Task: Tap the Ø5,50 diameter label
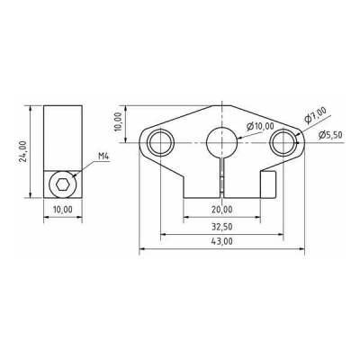coord(330,135)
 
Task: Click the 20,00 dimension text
coord(220,209)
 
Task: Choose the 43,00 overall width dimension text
coord(220,242)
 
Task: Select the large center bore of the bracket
coord(221,140)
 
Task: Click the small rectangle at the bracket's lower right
coord(266,185)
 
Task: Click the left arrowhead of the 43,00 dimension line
coord(140,249)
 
